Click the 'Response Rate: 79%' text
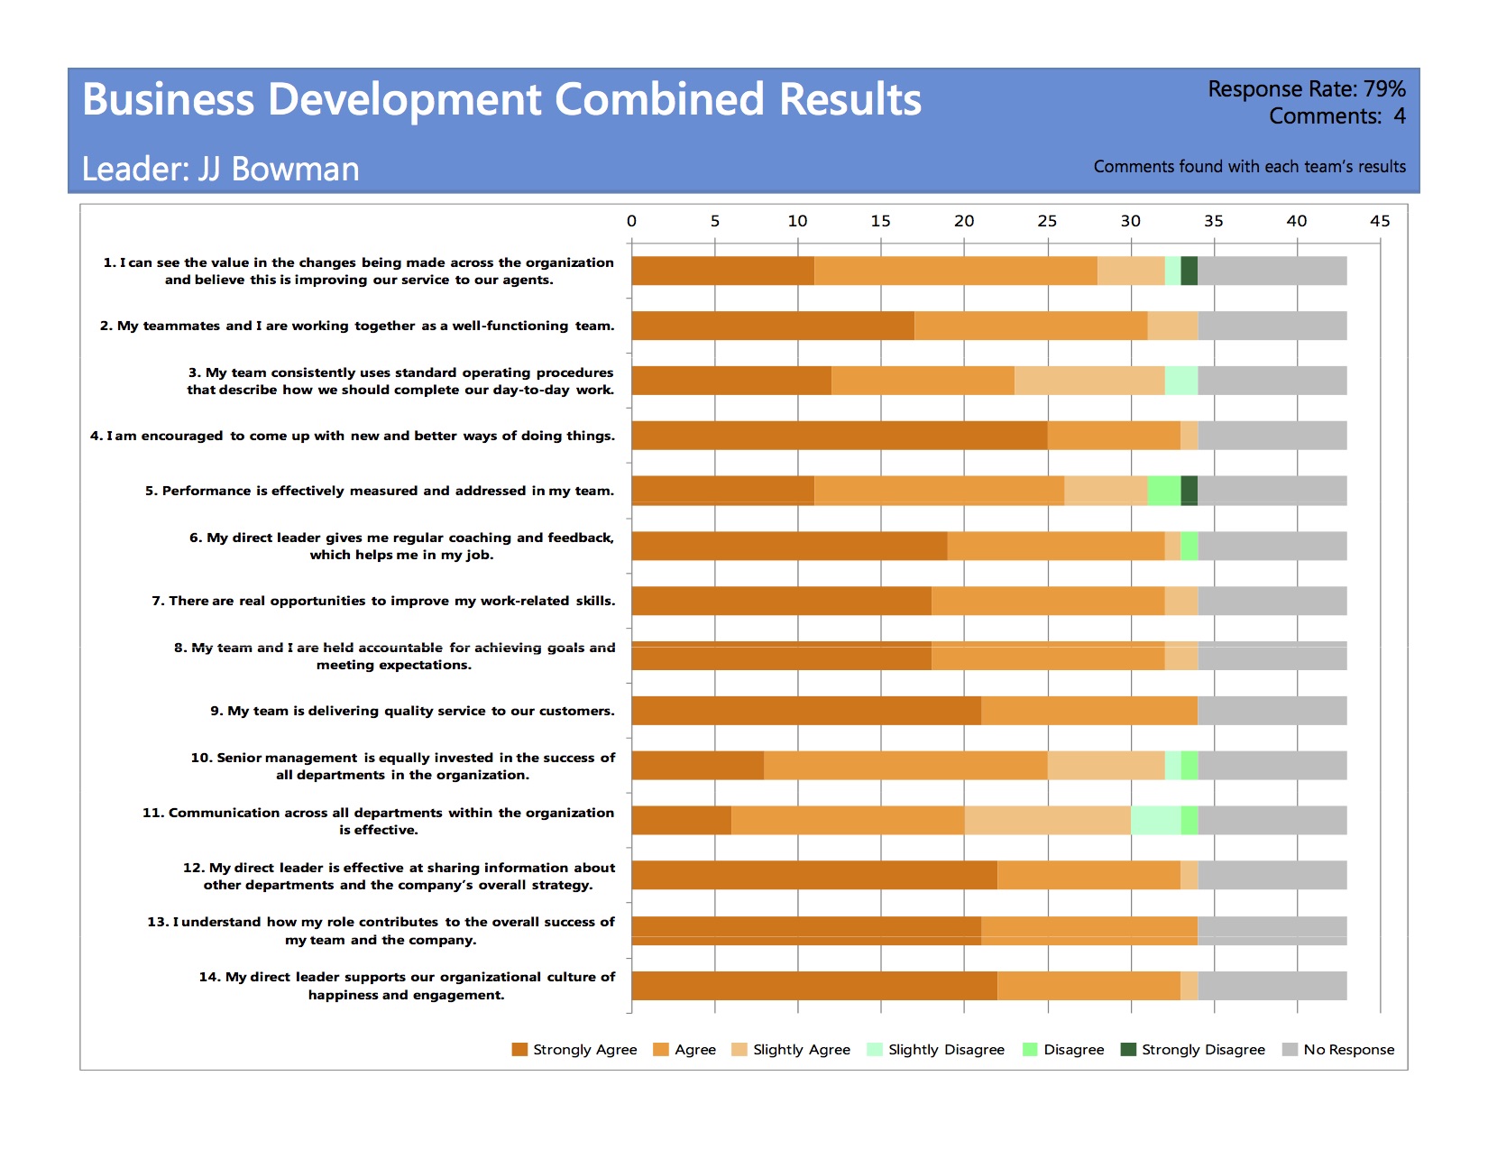[1306, 89]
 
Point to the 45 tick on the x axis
[1380, 221]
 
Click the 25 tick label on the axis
[1047, 221]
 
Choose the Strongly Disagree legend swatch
[1128, 1049]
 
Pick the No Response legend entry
[1338, 1049]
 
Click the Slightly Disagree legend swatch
[874, 1049]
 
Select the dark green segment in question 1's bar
[1189, 271]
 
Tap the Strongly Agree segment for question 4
[840, 436]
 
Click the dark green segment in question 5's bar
[1189, 491]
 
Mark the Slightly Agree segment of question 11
[1048, 820]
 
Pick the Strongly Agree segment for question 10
[698, 765]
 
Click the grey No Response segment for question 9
[1272, 711]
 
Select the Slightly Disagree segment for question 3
[1181, 381]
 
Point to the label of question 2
[357, 326]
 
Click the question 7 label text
[383, 601]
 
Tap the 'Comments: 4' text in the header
[1336, 116]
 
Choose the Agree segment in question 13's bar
[1089, 931]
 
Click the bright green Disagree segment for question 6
[1189, 546]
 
